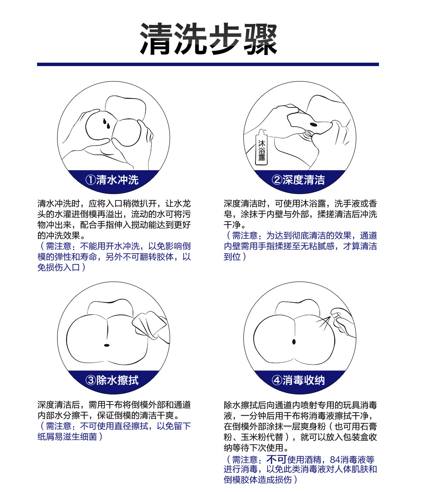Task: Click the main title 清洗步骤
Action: [x=209, y=39]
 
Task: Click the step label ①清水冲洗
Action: [x=113, y=179]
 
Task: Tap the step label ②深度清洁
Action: [x=298, y=179]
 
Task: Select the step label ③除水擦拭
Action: [x=112, y=379]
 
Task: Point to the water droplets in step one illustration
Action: [x=107, y=124]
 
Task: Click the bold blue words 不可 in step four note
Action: [x=276, y=460]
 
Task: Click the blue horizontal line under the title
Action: [x=208, y=64]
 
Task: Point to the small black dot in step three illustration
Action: [x=106, y=344]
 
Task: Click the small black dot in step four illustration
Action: [x=294, y=342]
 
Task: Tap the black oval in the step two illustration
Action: [x=314, y=124]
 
